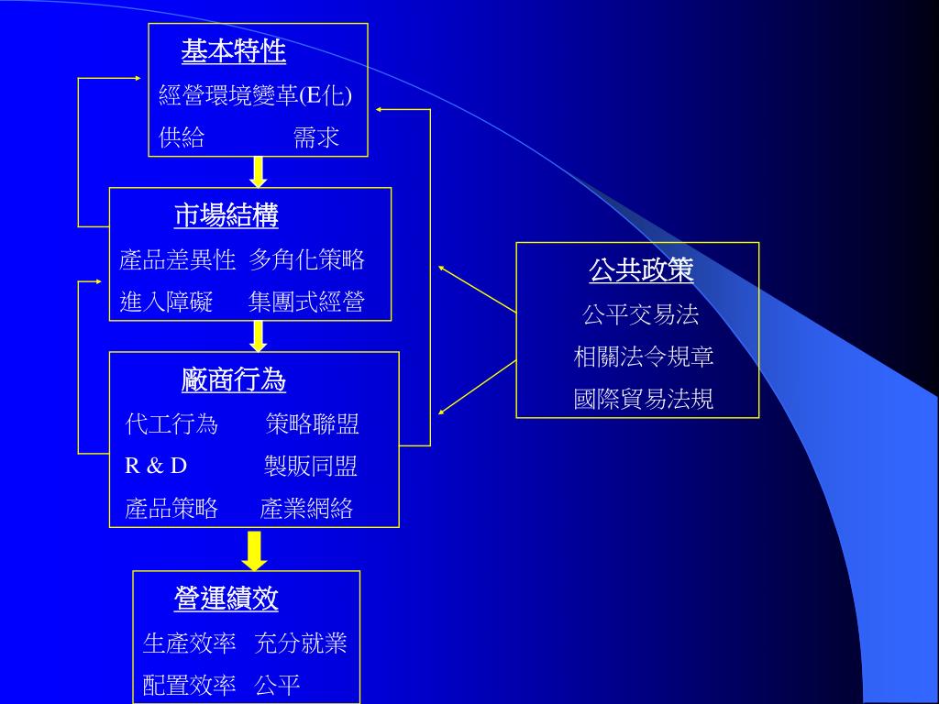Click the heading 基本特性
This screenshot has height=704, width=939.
point(233,51)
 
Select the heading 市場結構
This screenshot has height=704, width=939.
point(226,215)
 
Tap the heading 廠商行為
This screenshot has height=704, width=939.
point(234,379)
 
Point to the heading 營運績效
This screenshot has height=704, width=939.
point(226,599)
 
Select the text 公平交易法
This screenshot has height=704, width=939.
point(640,314)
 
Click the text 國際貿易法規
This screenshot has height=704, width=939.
point(644,399)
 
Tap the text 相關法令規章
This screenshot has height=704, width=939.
point(644,357)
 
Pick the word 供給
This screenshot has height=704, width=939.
point(182,137)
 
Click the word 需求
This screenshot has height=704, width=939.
point(316,137)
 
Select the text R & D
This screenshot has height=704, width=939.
point(156,466)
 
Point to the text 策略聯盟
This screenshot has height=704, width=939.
point(312,423)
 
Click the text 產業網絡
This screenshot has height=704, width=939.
point(306,509)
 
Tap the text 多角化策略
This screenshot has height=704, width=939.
point(307,259)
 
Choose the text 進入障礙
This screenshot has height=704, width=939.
point(166,302)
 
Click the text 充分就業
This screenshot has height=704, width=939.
point(301,643)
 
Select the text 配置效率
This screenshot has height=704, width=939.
point(190,685)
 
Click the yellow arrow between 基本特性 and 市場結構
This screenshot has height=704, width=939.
point(259,171)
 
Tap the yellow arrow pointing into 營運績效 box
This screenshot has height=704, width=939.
point(255,550)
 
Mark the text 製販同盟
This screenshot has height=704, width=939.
point(310,466)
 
